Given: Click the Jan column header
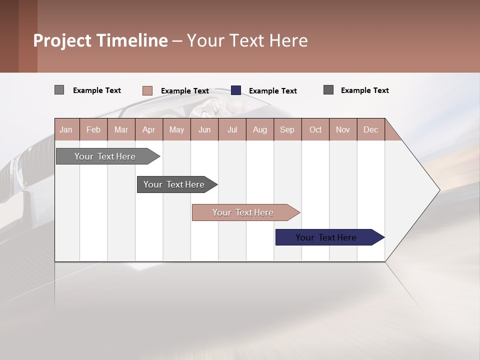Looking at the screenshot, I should (x=66, y=129).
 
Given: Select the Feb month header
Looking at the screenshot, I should (x=93, y=129).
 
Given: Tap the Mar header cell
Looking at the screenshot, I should (x=121, y=129).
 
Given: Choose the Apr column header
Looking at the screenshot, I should (x=149, y=129).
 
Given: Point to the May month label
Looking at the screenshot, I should (x=176, y=129).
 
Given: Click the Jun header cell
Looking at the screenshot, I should (x=204, y=129).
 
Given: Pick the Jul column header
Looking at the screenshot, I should (x=232, y=129).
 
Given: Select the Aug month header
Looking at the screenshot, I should (x=260, y=129).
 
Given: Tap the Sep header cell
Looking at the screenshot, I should (x=287, y=129).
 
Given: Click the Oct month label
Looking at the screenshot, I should (x=315, y=129).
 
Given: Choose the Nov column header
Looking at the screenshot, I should (x=343, y=129).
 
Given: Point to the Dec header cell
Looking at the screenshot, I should (x=371, y=129).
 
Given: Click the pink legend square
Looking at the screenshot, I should (x=147, y=90).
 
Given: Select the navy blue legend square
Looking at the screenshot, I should (x=236, y=90).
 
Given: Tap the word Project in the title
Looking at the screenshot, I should (x=63, y=40).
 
